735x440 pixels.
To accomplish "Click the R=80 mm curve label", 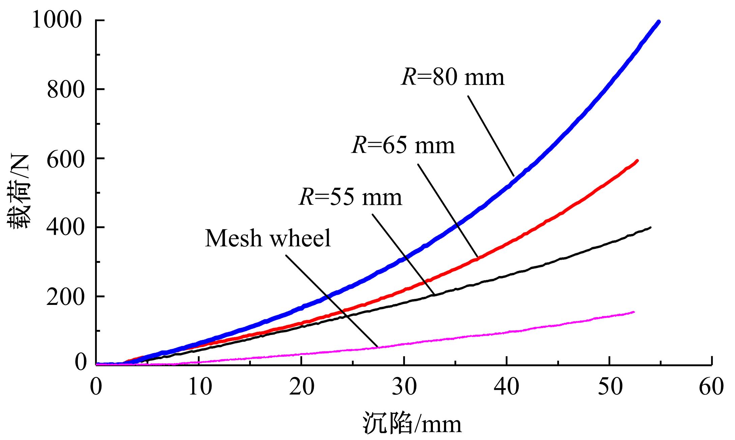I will coord(453,77).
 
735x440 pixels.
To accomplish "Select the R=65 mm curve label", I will coord(403,146).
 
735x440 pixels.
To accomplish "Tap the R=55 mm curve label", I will coord(351,197).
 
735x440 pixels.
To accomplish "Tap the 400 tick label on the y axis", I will coord(65,228).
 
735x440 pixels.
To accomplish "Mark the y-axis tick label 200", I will coord(65,297).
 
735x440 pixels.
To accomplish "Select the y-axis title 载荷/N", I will coord(19,192).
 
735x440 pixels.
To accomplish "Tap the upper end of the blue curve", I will coord(658,22).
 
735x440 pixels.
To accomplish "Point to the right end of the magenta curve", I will coord(634,312).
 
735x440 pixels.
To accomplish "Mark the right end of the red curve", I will coord(637,161).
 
